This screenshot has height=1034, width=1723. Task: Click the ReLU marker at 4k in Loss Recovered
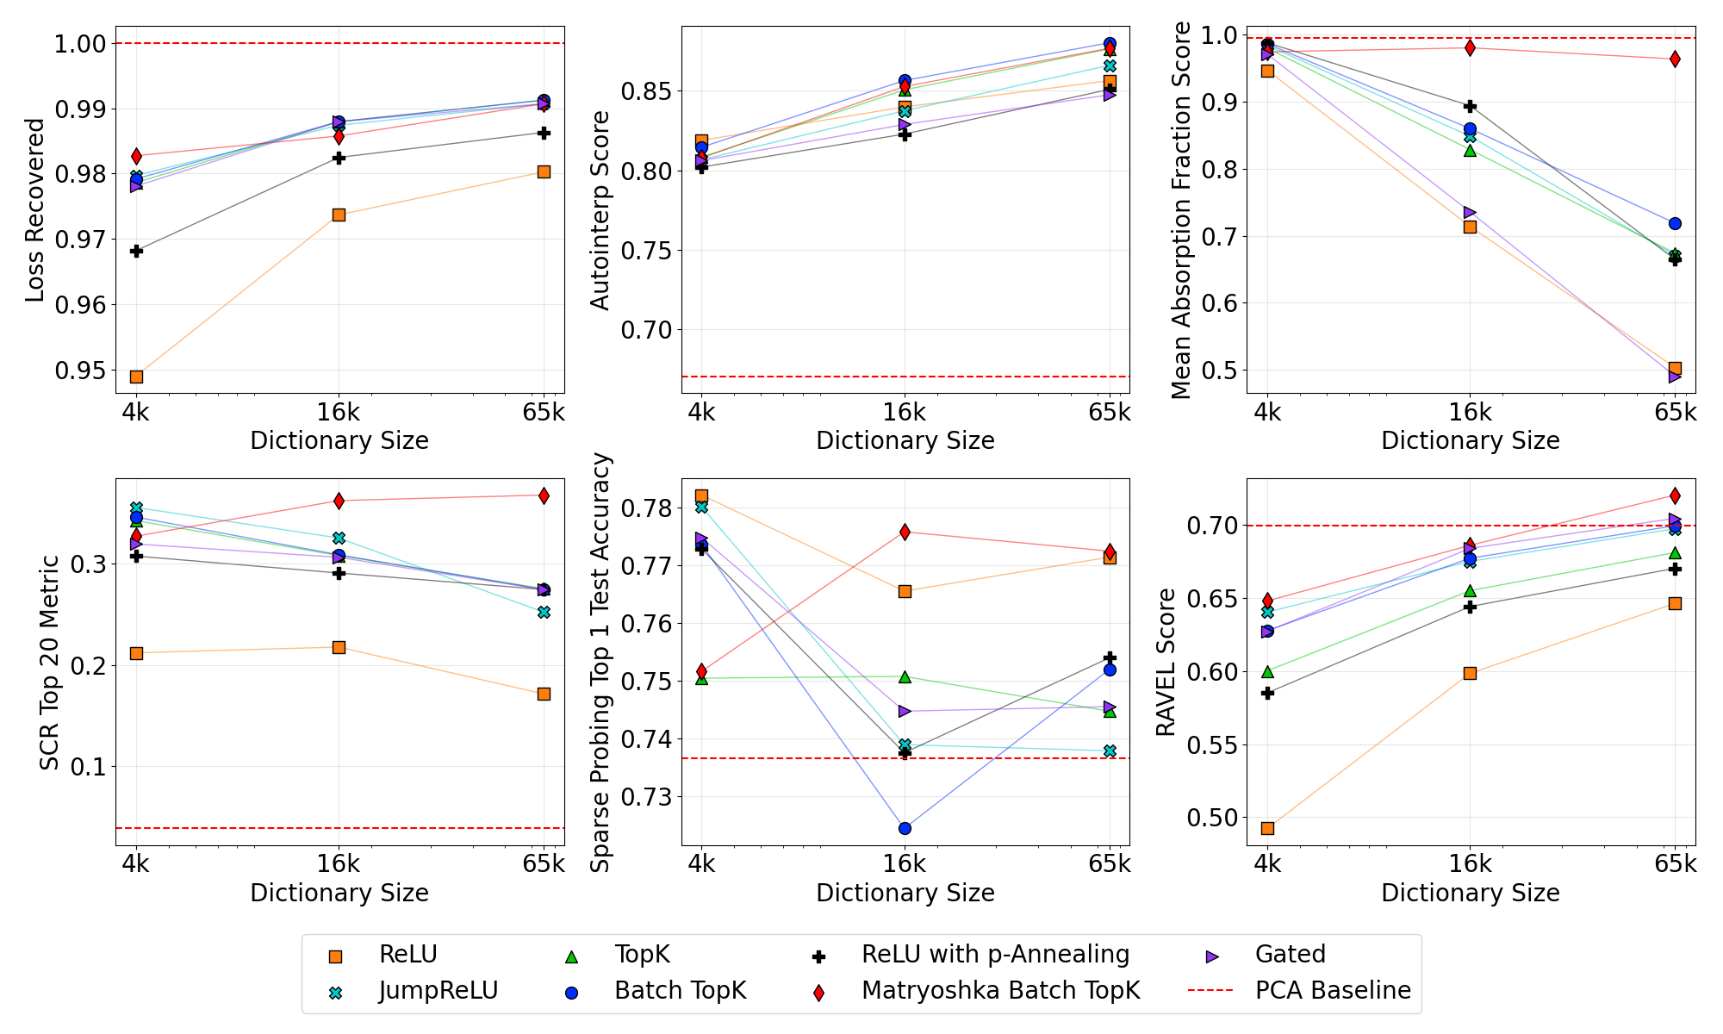coord(136,377)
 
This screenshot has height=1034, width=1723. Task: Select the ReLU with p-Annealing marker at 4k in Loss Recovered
coord(136,251)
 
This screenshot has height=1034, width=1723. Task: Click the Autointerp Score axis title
coord(600,210)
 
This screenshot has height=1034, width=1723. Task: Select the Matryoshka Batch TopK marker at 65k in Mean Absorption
coord(1675,59)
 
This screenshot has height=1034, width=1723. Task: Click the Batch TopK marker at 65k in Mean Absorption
coord(1675,223)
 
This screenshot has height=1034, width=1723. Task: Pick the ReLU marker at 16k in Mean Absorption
coord(1470,227)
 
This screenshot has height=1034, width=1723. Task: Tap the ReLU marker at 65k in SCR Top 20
coord(544,694)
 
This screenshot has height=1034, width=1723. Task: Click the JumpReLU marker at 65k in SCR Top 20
coord(544,612)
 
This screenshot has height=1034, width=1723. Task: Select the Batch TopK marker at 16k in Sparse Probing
coord(905,828)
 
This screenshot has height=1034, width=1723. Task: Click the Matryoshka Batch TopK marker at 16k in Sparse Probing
coord(905,533)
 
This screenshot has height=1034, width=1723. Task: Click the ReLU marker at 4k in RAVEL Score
coord(1267,828)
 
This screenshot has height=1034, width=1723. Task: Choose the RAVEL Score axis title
coord(1166,662)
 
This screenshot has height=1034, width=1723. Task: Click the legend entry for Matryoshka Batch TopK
coord(999,991)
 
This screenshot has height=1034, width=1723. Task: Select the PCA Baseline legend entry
coord(1332,991)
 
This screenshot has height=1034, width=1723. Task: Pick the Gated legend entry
coord(1290,955)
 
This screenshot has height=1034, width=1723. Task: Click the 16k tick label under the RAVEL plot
coord(1470,863)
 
